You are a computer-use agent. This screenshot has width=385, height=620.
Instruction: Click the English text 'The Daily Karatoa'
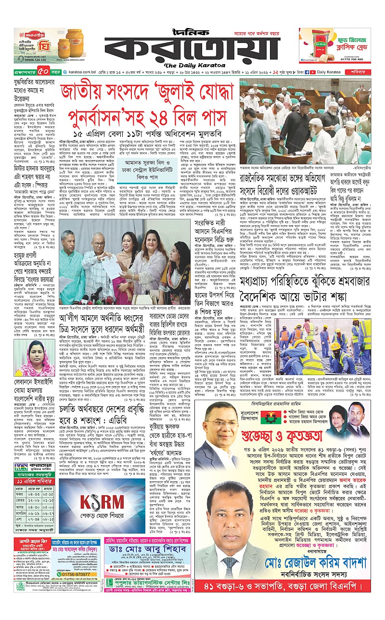click(x=192, y=65)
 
